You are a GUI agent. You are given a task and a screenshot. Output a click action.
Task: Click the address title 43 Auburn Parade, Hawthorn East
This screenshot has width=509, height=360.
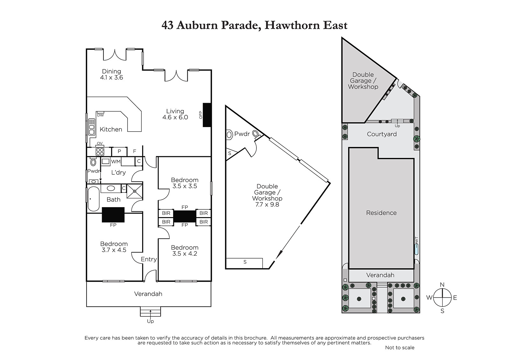(254, 25)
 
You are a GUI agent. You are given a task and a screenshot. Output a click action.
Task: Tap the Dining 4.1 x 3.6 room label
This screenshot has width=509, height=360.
(111, 74)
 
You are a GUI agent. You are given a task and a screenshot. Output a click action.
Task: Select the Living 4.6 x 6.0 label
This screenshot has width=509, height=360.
(175, 114)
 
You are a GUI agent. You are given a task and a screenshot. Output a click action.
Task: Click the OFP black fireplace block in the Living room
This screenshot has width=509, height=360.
(207, 115)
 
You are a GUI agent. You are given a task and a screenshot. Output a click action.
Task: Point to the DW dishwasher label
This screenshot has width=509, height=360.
(101, 115)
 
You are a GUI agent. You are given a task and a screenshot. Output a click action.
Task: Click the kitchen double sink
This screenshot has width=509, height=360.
(92, 127)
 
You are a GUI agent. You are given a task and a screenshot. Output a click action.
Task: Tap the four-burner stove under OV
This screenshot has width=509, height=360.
(100, 152)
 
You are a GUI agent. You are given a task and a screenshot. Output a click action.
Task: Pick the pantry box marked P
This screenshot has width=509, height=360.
(119, 152)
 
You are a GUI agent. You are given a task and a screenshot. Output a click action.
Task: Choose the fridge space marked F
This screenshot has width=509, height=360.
(135, 151)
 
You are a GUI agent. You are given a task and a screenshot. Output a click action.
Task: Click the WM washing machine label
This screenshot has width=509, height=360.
(116, 162)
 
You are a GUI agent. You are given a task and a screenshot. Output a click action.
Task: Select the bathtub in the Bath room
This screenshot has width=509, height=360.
(94, 199)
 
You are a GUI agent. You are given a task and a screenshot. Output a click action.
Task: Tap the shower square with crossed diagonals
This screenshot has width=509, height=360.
(135, 191)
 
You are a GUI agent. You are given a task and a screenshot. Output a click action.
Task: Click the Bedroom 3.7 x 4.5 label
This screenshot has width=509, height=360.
(114, 247)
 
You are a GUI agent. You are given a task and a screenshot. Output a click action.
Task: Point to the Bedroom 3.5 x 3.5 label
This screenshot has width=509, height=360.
(185, 183)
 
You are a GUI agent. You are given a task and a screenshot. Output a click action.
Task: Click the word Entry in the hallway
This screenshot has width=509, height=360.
(149, 259)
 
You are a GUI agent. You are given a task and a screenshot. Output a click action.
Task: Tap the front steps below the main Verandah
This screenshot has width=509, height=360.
(150, 312)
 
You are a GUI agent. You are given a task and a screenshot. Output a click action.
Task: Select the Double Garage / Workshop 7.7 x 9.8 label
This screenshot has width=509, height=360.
(267, 195)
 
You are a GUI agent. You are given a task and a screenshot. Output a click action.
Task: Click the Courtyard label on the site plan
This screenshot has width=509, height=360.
(382, 134)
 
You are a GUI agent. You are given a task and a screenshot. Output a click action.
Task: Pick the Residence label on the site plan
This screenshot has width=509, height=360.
(381, 213)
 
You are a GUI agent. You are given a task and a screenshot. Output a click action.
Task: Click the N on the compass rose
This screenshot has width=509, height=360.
(442, 285)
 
